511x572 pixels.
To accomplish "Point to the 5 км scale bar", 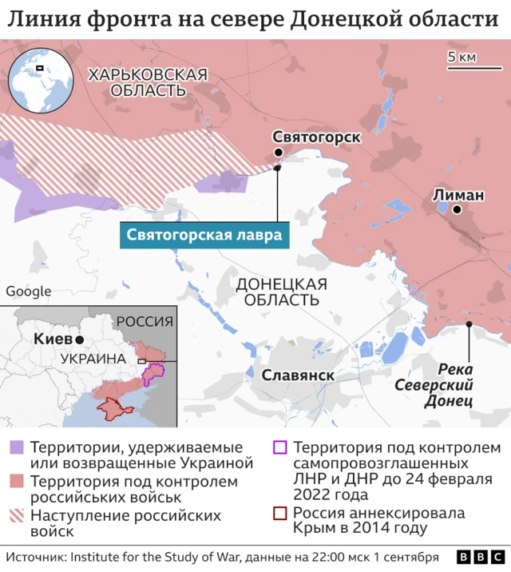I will pos(463,68).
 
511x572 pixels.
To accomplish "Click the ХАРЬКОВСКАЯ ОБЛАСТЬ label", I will pos(148,82).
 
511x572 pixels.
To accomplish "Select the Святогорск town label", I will pos(316,137).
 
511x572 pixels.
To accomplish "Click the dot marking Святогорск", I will pos(278,153).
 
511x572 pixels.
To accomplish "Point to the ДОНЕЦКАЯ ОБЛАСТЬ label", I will pos(282,292).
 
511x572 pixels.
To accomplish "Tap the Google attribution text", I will pos(28,292).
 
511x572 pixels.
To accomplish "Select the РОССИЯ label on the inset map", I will pos(145,322).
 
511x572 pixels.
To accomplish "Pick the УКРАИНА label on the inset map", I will pos(93,359).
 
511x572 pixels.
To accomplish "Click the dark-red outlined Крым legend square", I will pos(280,514).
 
